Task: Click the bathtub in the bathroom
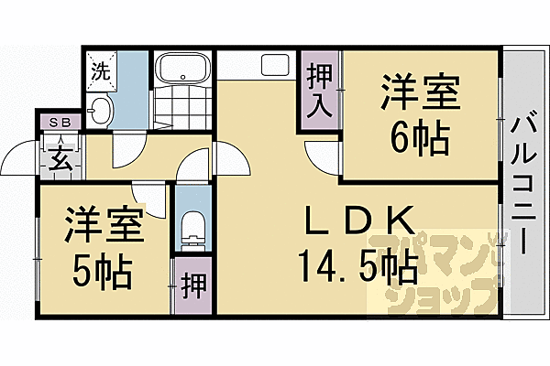tap(183, 70)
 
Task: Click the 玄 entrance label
tap(59, 158)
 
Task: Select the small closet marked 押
tap(192, 285)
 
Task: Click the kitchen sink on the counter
tap(273, 67)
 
